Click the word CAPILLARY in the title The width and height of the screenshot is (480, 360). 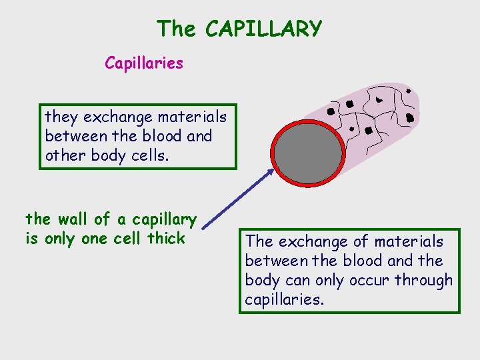click(x=264, y=29)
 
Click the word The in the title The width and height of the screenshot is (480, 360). click(x=177, y=29)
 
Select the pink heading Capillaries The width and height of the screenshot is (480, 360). click(x=143, y=63)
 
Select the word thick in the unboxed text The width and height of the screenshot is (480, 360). click(x=166, y=238)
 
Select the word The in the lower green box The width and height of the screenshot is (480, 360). click(x=259, y=241)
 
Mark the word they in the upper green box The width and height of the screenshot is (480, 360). click(x=61, y=118)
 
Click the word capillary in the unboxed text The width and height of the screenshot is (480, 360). click(x=164, y=219)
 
